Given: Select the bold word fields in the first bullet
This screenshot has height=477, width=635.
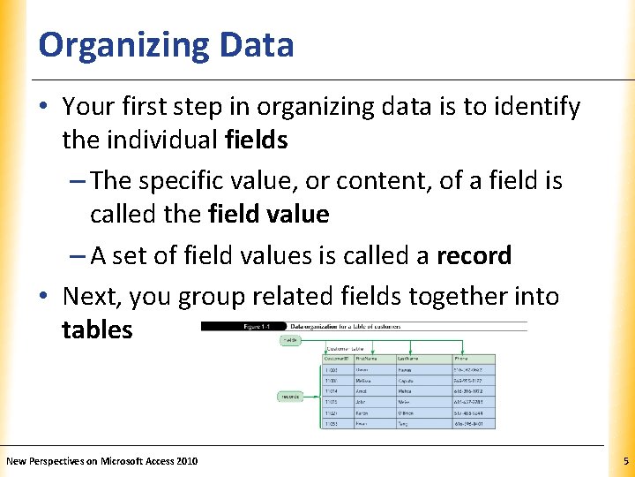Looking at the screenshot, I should (256, 140).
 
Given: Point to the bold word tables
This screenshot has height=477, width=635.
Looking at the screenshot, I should (97, 329).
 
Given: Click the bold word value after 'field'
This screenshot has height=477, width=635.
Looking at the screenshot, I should (298, 214).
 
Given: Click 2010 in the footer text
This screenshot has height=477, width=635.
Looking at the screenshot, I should (186, 460).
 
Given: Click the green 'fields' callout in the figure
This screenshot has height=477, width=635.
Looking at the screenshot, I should (289, 339).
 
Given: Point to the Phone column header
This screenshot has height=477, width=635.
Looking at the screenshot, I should (462, 359).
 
